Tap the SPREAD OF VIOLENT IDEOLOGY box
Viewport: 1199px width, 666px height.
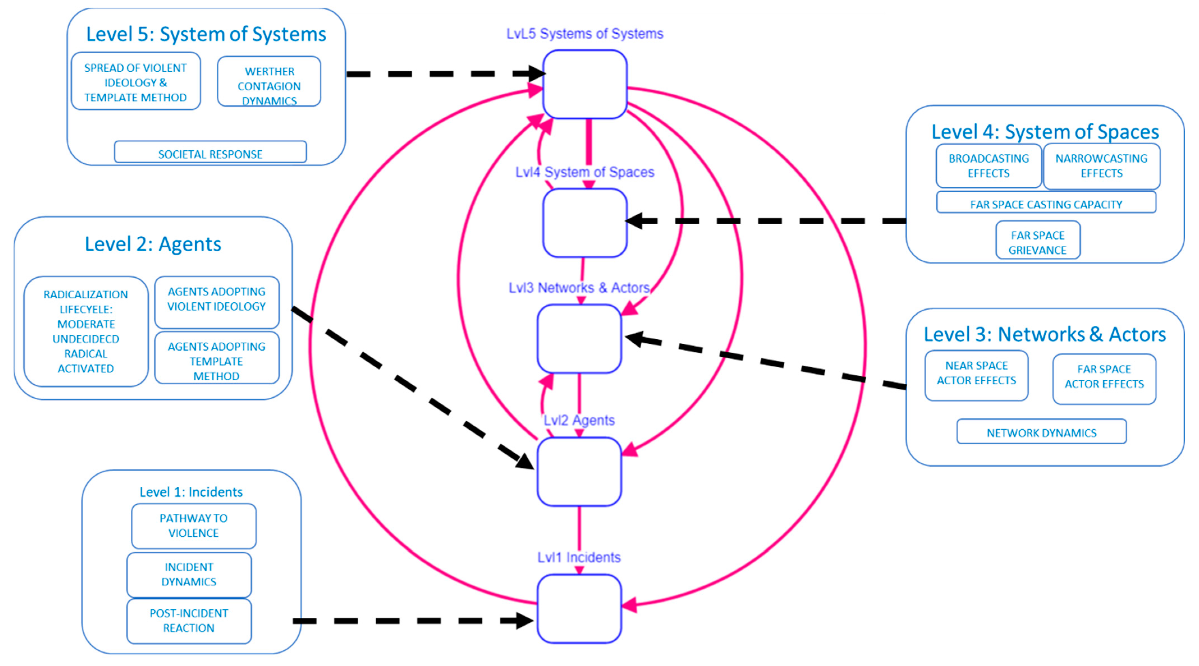(136, 82)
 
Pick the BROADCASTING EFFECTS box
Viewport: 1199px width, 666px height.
(988, 165)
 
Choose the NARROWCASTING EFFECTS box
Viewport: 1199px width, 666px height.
(1101, 165)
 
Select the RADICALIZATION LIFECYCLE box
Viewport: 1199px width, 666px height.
(86, 331)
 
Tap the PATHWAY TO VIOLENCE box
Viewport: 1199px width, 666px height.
(194, 526)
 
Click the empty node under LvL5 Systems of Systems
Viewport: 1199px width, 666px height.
(584, 84)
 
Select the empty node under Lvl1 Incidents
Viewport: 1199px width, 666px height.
(579, 608)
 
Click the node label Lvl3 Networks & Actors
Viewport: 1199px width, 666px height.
(579, 288)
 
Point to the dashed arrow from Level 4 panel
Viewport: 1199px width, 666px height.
(768, 221)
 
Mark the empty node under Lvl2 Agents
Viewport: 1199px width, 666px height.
(579, 471)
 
